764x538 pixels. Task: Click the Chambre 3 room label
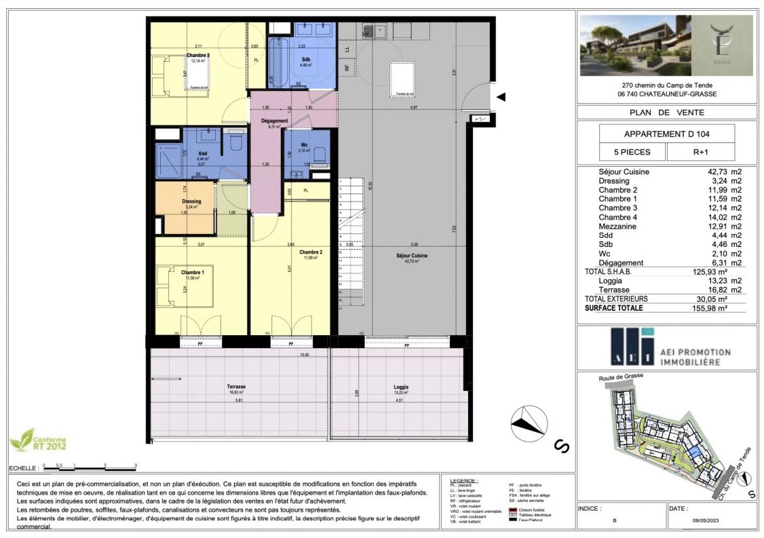(197, 55)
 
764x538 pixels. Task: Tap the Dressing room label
(192, 201)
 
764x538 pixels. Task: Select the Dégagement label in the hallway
(275, 121)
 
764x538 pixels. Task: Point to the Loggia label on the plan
(400, 387)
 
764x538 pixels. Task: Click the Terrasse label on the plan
(236, 387)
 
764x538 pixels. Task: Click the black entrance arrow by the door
(501, 98)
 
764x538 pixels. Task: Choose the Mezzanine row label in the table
(622, 227)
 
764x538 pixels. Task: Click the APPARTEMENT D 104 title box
(655, 133)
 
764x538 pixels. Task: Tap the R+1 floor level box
(700, 152)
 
